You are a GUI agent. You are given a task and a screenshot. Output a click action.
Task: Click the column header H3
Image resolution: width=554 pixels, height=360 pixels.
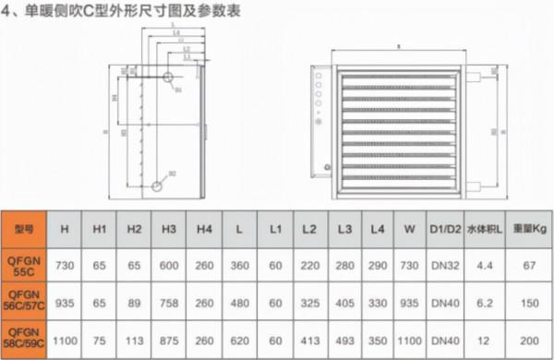(x=169, y=227)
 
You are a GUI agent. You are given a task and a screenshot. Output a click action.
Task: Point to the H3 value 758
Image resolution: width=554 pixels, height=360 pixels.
(x=169, y=302)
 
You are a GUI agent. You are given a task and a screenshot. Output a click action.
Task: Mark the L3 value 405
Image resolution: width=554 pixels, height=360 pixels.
(x=344, y=302)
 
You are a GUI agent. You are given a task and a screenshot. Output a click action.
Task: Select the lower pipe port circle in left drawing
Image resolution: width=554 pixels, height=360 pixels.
(x=157, y=186)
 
